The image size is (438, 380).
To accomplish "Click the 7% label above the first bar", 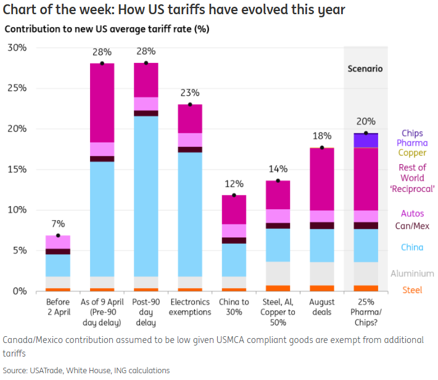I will (x=58, y=223).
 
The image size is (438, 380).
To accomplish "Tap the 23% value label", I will (x=190, y=93).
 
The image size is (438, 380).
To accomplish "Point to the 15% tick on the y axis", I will (x=17, y=169).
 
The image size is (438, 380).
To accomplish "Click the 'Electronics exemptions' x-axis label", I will (x=190, y=307).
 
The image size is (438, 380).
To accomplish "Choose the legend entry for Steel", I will (x=413, y=290).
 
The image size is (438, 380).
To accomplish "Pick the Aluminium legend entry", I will (x=413, y=273).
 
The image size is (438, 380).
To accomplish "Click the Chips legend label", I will (x=413, y=133).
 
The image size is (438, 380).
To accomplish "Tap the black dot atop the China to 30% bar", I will (x=234, y=196).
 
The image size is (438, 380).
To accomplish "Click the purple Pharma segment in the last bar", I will (x=366, y=141).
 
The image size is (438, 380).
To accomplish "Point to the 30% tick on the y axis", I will (x=17, y=47).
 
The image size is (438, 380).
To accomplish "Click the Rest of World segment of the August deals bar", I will (x=321, y=179).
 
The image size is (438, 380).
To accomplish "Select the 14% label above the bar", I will (x=278, y=169).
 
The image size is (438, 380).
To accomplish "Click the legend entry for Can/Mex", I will (x=413, y=226).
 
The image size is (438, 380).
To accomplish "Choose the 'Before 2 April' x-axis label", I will (x=58, y=307).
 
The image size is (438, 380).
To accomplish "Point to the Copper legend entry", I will (x=413, y=152).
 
